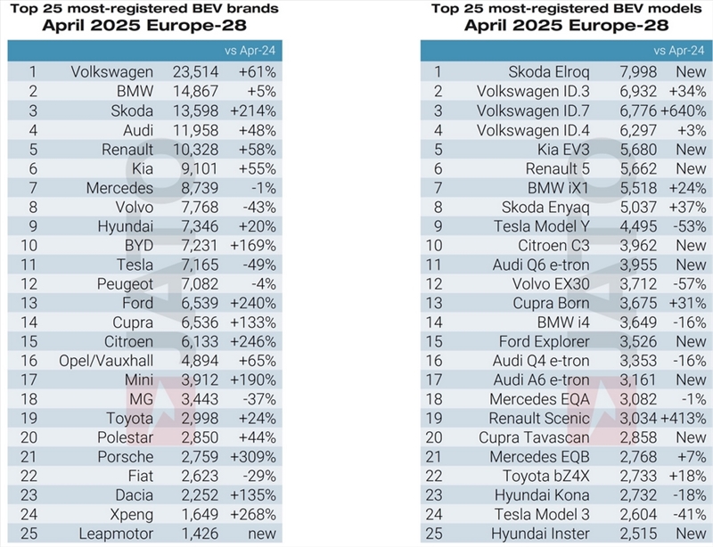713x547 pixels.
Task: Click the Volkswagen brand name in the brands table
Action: click(x=112, y=72)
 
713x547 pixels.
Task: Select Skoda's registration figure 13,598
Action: click(x=195, y=111)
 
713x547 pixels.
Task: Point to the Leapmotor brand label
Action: click(x=116, y=534)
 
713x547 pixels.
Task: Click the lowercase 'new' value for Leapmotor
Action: click(x=262, y=534)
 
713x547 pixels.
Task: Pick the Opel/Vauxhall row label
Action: click(x=106, y=361)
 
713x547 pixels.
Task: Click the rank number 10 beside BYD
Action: click(x=29, y=246)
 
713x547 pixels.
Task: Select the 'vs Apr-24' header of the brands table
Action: click(x=250, y=51)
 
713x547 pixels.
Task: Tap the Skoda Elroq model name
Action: click(x=549, y=72)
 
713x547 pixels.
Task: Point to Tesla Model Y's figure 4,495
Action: click(x=638, y=226)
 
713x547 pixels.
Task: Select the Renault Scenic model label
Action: click(x=539, y=419)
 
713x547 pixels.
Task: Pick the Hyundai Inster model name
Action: click(x=540, y=534)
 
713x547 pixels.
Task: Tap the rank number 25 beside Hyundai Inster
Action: click(x=434, y=534)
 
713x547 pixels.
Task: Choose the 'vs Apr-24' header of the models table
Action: click(x=679, y=51)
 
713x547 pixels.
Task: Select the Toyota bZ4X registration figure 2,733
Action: click(x=638, y=476)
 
